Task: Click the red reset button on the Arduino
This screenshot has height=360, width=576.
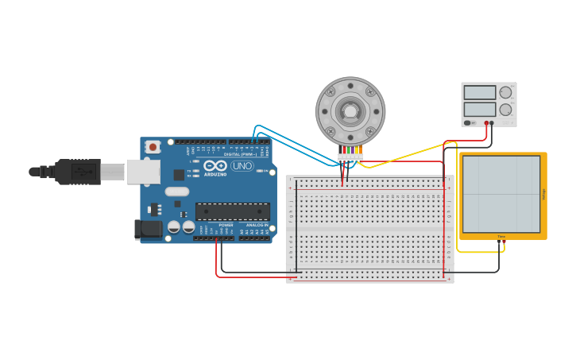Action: click(x=153, y=147)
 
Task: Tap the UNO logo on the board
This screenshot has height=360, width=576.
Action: click(x=242, y=166)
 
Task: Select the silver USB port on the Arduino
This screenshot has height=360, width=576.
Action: click(x=144, y=172)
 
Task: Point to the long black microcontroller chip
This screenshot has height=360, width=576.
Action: click(x=232, y=211)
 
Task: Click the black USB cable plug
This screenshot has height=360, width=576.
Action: click(x=78, y=171)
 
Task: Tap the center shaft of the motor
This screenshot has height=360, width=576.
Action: click(x=350, y=110)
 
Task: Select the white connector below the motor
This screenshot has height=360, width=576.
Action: click(x=350, y=157)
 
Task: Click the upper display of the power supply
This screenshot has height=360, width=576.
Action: click(x=480, y=92)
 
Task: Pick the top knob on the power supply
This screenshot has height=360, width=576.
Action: click(x=505, y=92)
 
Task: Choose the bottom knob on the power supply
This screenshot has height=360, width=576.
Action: click(x=505, y=109)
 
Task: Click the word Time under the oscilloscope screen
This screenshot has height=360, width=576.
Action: click(x=501, y=236)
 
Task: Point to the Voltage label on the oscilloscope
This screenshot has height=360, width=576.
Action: click(x=543, y=194)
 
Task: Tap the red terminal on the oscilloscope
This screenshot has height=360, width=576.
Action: click(x=504, y=241)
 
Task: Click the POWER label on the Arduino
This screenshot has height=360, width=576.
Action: click(x=226, y=225)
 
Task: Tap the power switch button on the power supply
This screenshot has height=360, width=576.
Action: click(x=468, y=123)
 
